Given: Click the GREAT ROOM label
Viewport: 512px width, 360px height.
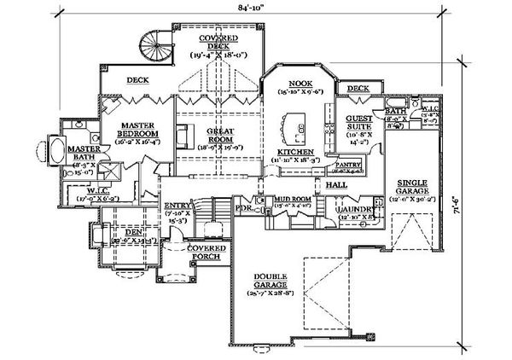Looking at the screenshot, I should pos(220,136).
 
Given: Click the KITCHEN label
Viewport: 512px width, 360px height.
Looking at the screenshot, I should pos(294,151).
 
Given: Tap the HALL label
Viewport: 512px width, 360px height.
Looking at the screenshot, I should pos(335,183).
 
